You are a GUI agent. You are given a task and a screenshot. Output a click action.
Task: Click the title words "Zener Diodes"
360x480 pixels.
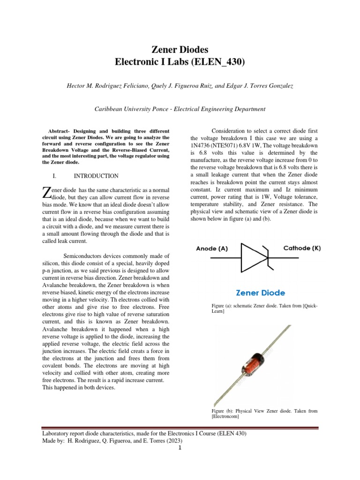[x=180, y=49]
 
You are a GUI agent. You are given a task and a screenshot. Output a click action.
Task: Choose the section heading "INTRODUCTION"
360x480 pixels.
[x=96, y=176]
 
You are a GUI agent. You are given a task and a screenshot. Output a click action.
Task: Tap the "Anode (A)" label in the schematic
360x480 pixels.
[x=212, y=249]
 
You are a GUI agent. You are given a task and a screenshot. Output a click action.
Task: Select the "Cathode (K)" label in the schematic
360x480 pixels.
[x=302, y=248]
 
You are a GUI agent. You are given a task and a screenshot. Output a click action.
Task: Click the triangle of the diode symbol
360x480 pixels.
[x=254, y=257]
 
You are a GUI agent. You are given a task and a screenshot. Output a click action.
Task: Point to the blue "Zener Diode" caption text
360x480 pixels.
[x=260, y=293]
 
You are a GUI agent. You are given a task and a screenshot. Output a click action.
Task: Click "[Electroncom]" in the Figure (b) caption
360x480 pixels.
[x=226, y=416]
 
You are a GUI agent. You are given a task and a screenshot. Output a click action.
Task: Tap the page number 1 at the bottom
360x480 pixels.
[x=180, y=448]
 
